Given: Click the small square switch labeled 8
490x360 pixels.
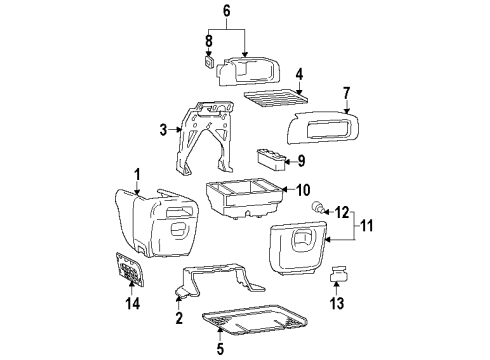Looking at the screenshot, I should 208,64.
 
